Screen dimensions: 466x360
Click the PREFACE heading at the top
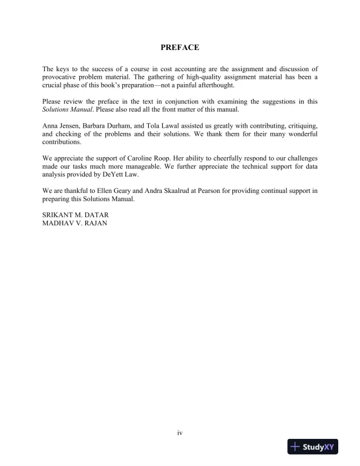tap(179, 47)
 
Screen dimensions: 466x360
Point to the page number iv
tap(180, 433)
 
